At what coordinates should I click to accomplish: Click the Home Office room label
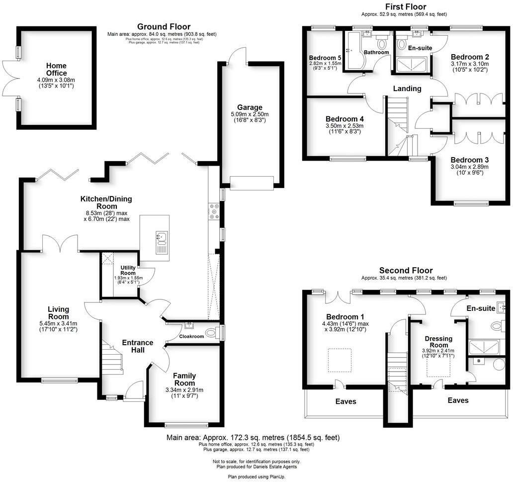click(56, 69)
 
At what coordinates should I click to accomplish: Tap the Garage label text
click(250, 107)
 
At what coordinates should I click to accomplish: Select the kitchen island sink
click(162, 242)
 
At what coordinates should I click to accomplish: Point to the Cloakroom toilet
click(212, 333)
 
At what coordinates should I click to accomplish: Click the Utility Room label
click(128, 271)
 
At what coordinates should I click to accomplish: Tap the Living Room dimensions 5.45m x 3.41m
click(59, 323)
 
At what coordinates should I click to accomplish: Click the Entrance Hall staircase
click(112, 357)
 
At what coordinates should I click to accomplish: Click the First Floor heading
click(406, 6)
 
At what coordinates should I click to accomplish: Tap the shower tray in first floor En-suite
click(411, 63)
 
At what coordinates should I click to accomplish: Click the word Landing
click(407, 89)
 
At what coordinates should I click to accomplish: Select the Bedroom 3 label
click(470, 160)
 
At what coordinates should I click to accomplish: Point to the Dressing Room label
click(439, 342)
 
